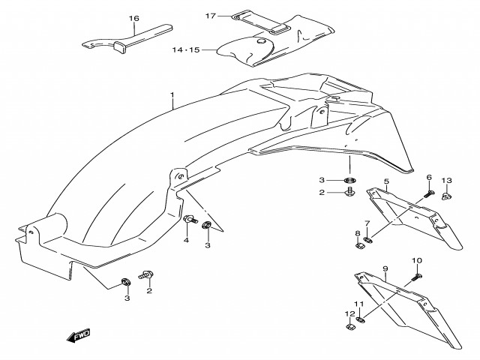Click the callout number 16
pyautogui.click(x=133, y=18)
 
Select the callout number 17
pyautogui.click(x=211, y=16)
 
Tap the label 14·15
pyautogui.click(x=185, y=49)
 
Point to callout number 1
pyautogui.click(x=172, y=94)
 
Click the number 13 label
pyautogui.click(x=446, y=180)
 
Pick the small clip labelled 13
pyautogui.click(x=447, y=196)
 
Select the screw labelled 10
pyautogui.click(x=418, y=277)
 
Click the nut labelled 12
pyautogui.click(x=350, y=327)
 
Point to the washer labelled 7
pyautogui.click(x=368, y=240)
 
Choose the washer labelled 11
pyautogui.click(x=361, y=320)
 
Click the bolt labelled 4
pyautogui.click(x=190, y=220)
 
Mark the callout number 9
pyautogui.click(x=385, y=268)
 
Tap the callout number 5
pyautogui.click(x=386, y=181)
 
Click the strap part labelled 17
pyautogui.click(x=261, y=22)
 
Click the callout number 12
pyautogui.click(x=350, y=313)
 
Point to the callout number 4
pyautogui.click(x=186, y=240)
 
